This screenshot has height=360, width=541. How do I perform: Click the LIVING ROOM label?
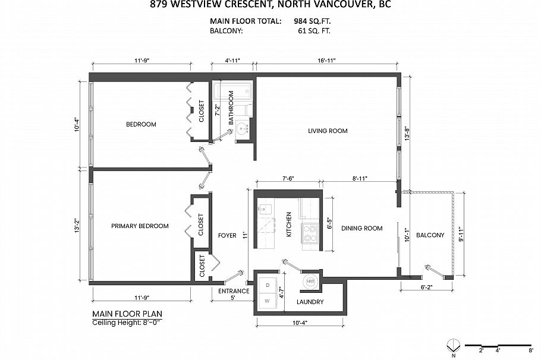(x=328, y=131)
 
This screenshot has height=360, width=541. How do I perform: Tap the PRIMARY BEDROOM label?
(x=140, y=226)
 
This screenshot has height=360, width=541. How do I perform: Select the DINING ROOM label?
(x=361, y=228)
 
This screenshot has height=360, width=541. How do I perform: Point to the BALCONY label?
(x=430, y=235)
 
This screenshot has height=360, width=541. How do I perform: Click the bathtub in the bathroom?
(x=233, y=93)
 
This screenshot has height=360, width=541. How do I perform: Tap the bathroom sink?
(x=241, y=128)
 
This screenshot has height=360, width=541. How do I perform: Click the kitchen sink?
(x=264, y=209)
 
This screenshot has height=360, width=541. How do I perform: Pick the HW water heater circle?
(x=310, y=283)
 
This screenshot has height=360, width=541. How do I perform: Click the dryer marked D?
(x=268, y=286)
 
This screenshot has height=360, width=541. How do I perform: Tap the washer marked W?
(x=268, y=301)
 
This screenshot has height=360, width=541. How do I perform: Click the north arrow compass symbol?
(x=454, y=345)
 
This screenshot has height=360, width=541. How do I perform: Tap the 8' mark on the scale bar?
(x=530, y=350)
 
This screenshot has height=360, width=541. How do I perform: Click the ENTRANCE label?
(x=233, y=291)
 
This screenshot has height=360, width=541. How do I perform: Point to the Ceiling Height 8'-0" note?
(x=127, y=323)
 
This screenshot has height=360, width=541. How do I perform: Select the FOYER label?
(x=227, y=236)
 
